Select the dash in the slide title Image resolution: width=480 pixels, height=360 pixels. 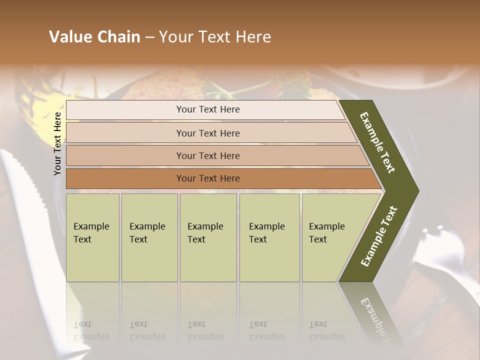(149, 37)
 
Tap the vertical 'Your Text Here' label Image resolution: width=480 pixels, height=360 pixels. (58, 143)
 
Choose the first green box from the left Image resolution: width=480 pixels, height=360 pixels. (92, 237)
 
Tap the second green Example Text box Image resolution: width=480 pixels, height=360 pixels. (149, 237)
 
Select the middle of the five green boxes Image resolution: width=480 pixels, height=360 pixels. (208, 237)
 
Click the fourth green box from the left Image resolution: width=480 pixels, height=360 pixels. (269, 237)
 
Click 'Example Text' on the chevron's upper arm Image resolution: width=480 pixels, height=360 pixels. (378, 142)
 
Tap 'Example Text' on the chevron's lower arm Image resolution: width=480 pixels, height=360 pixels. (379, 236)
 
